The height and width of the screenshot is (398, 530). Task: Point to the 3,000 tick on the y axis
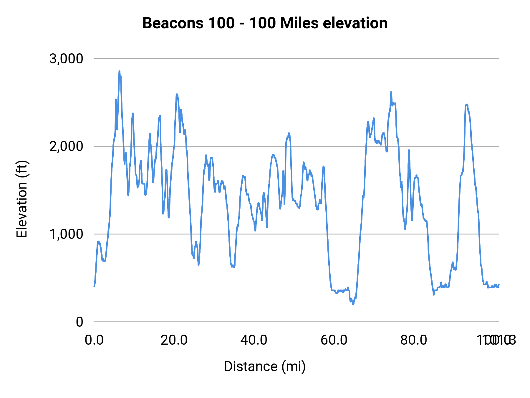point(66,59)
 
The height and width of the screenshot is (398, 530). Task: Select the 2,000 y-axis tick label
point(66,146)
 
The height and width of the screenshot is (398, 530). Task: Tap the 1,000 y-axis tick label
point(66,234)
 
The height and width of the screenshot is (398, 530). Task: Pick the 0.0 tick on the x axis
point(94,340)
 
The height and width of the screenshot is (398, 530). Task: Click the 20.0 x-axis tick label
point(174,340)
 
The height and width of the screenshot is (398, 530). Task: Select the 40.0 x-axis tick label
point(254,340)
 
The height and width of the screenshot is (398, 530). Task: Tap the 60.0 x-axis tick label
point(334,340)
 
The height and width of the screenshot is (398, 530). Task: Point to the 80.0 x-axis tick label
point(414,340)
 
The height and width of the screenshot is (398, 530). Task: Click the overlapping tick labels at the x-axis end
point(496,340)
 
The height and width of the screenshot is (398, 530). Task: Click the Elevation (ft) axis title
point(22,199)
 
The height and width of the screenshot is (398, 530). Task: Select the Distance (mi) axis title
point(265,366)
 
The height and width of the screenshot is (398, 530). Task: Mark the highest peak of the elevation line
point(119,71)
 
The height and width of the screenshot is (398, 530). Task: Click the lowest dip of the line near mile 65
point(353,304)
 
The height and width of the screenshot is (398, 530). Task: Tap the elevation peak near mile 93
point(467,104)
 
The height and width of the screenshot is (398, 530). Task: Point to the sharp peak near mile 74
point(391,92)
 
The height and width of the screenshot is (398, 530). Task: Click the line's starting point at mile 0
point(94,286)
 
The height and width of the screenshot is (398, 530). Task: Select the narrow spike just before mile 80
point(409,150)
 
